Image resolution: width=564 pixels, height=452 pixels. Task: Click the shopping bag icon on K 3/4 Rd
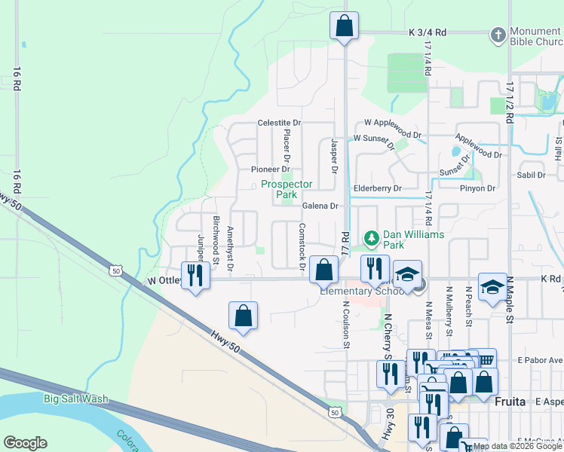[344, 26]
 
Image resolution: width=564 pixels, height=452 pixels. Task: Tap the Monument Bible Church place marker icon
[498, 35]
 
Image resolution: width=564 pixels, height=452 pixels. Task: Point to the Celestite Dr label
[279, 122]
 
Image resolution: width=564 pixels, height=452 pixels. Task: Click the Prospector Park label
[286, 189]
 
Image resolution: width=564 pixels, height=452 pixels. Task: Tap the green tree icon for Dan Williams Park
[371, 239]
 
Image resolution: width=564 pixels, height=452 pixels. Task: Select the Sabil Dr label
[530, 175]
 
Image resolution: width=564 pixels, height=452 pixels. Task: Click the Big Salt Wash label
[75, 399]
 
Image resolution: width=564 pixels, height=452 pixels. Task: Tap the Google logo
[24, 443]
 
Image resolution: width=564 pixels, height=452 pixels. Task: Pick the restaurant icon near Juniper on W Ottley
[195, 275]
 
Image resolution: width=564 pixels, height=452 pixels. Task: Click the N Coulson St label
[347, 325]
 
